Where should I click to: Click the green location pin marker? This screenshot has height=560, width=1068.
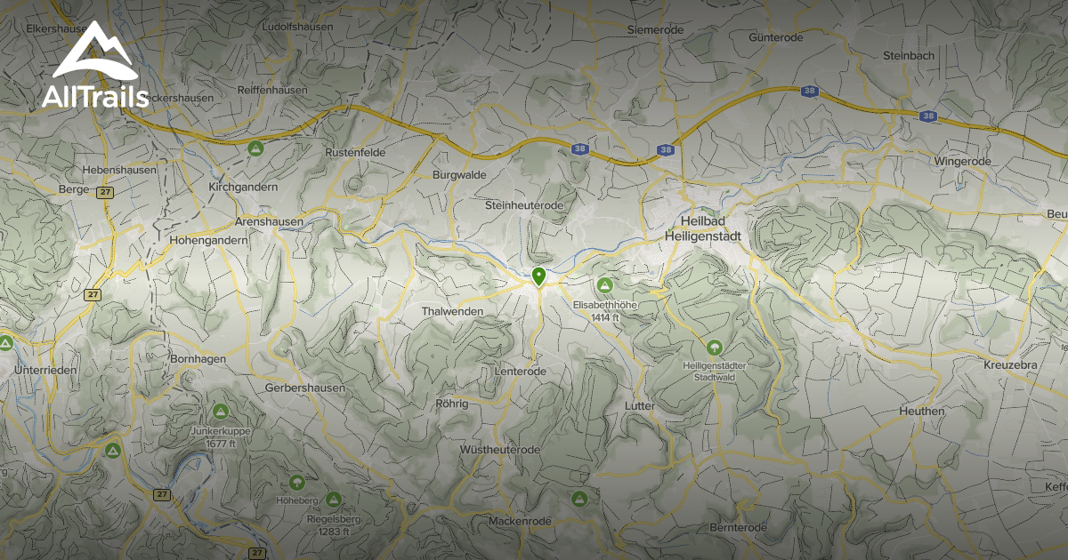[x=538, y=276]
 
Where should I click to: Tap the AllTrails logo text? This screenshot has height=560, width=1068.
[x=95, y=97]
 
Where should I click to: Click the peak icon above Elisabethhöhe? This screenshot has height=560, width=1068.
[x=605, y=285]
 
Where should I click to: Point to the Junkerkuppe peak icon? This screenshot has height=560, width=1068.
[x=220, y=412]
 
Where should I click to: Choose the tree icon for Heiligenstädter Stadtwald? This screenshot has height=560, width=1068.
[x=713, y=348]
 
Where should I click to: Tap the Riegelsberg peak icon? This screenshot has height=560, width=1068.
[x=334, y=500]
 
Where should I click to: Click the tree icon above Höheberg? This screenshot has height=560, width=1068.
[x=296, y=482]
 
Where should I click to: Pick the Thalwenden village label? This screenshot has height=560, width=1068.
[x=452, y=312]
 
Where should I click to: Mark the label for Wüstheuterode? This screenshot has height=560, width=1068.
[x=500, y=451]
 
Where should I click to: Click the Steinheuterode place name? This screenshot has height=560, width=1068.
[x=524, y=205]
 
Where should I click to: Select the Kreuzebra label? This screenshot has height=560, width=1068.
[x=1011, y=365]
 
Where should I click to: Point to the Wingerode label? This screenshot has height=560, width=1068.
[x=962, y=161]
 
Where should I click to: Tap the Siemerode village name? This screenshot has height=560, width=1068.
[x=655, y=29]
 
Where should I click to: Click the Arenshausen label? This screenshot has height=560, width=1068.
[x=269, y=221]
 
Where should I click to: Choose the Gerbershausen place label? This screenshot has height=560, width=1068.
[x=305, y=388]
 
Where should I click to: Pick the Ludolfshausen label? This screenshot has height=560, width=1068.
[x=297, y=27]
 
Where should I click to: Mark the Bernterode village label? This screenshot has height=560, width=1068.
[x=738, y=528]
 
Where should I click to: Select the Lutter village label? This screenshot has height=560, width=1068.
[x=640, y=406]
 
